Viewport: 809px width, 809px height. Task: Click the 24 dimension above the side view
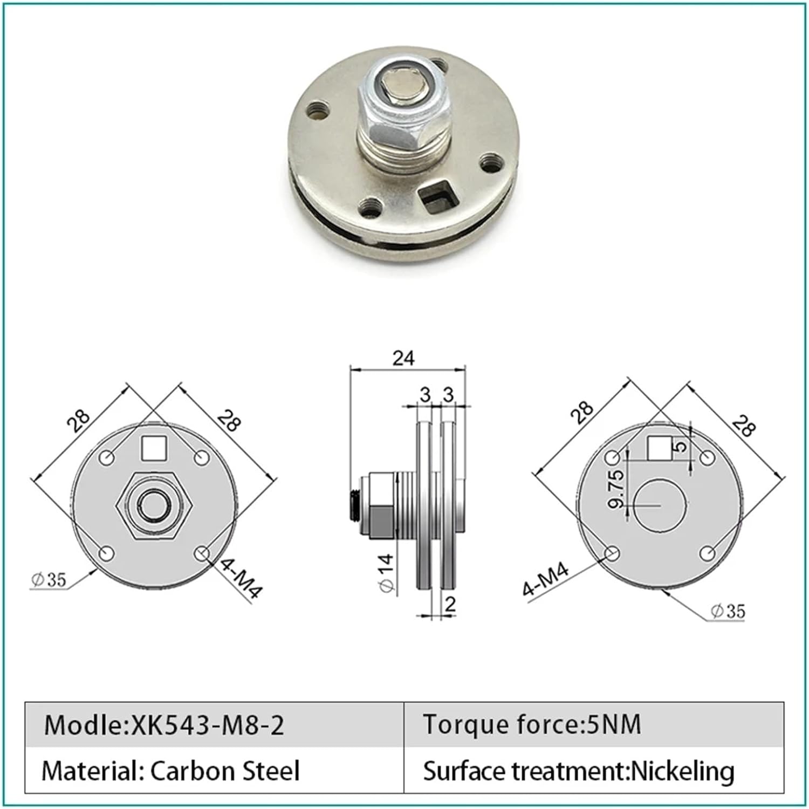[403, 358]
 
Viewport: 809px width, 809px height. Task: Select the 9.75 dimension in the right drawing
[616, 489]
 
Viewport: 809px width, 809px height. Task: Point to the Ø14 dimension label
[386, 573]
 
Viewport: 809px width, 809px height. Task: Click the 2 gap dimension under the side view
[450, 604]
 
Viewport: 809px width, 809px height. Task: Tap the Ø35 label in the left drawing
[49, 580]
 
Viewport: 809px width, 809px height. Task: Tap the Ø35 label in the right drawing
[728, 611]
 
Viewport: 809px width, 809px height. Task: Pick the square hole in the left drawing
[154, 448]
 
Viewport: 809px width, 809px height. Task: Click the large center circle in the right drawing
[660, 505]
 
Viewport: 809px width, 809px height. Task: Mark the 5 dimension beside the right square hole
[681, 446]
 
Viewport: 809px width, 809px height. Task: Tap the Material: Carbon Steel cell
[170, 771]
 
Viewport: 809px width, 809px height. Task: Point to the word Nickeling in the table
[682, 771]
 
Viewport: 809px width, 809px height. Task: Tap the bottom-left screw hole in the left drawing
[107, 553]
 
